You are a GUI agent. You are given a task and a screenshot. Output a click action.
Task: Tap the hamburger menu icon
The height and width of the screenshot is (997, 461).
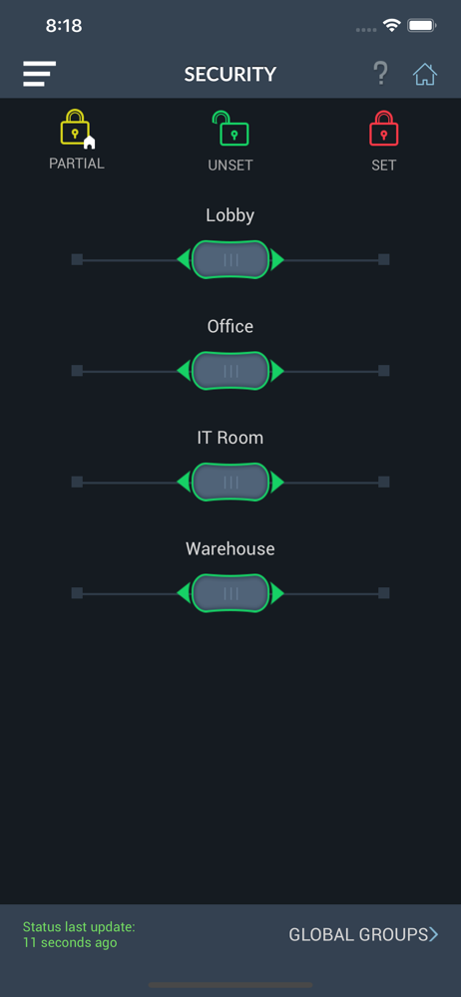(x=40, y=74)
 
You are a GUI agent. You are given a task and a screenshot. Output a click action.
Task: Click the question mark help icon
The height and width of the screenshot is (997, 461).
(x=380, y=74)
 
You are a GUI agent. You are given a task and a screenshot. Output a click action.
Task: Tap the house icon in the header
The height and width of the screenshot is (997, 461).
(x=425, y=75)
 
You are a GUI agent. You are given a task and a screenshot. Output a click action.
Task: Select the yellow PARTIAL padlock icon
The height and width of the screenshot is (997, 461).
(x=77, y=129)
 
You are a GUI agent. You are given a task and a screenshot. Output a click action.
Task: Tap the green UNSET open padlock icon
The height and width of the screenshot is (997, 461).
(x=230, y=129)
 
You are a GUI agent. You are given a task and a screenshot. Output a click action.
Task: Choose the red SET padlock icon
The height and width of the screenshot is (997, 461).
(x=384, y=128)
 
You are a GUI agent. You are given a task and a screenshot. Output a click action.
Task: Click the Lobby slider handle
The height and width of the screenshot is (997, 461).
(x=230, y=259)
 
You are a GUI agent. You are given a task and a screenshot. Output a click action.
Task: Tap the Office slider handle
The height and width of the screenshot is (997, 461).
(x=230, y=371)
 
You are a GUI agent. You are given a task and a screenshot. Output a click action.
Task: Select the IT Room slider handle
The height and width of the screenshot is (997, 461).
(x=230, y=482)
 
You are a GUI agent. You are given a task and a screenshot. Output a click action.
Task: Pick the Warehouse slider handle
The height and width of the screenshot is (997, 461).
(x=230, y=593)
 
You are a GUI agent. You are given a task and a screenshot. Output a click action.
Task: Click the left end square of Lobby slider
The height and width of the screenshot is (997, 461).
(x=77, y=259)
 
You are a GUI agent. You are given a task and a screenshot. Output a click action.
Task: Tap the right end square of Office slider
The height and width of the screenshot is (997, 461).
(x=384, y=371)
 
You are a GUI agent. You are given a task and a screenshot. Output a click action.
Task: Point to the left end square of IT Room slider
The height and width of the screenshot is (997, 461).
(x=77, y=482)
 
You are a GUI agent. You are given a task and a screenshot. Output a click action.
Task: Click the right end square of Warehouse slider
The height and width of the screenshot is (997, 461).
(x=384, y=593)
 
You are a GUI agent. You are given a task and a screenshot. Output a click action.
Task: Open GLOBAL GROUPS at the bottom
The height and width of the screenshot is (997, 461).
(x=363, y=935)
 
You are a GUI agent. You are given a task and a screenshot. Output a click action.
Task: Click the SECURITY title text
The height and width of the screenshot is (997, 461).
(x=230, y=75)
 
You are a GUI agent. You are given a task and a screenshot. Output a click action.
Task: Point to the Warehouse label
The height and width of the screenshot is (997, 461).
(x=230, y=548)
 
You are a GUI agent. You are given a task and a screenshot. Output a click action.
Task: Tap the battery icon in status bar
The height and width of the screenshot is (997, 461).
(x=421, y=26)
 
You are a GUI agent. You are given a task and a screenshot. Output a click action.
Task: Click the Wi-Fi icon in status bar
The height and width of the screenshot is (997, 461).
(x=391, y=26)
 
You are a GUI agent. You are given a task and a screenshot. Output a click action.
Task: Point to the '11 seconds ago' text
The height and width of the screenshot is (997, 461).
(x=70, y=942)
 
